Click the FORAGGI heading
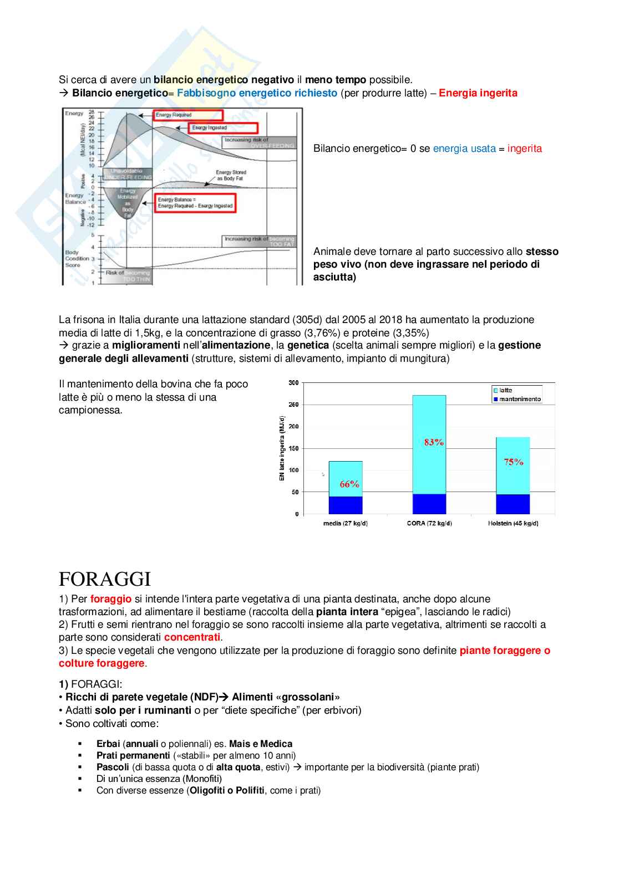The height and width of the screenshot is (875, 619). (105, 579)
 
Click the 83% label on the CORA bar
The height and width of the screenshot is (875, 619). (434, 442)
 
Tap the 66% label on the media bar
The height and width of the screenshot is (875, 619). (349, 484)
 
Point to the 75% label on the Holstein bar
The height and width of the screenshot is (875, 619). (514, 462)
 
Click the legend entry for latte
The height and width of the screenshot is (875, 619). (505, 390)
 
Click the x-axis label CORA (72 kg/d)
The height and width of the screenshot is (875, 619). (429, 524)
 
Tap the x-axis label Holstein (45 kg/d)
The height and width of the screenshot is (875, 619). (513, 524)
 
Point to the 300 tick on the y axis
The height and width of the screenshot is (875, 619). (293, 383)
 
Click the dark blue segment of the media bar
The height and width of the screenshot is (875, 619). (346, 505)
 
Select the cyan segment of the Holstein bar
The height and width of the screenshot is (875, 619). (513, 465)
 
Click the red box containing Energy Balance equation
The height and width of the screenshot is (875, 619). (195, 203)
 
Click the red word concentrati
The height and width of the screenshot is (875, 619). (192, 637)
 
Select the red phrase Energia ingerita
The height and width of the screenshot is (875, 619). (478, 93)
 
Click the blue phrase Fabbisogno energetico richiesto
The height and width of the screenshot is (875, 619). (257, 93)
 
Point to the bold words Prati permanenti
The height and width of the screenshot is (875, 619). (133, 755)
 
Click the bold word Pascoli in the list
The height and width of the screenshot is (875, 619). (113, 767)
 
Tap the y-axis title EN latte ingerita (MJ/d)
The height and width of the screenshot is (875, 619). (282, 448)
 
